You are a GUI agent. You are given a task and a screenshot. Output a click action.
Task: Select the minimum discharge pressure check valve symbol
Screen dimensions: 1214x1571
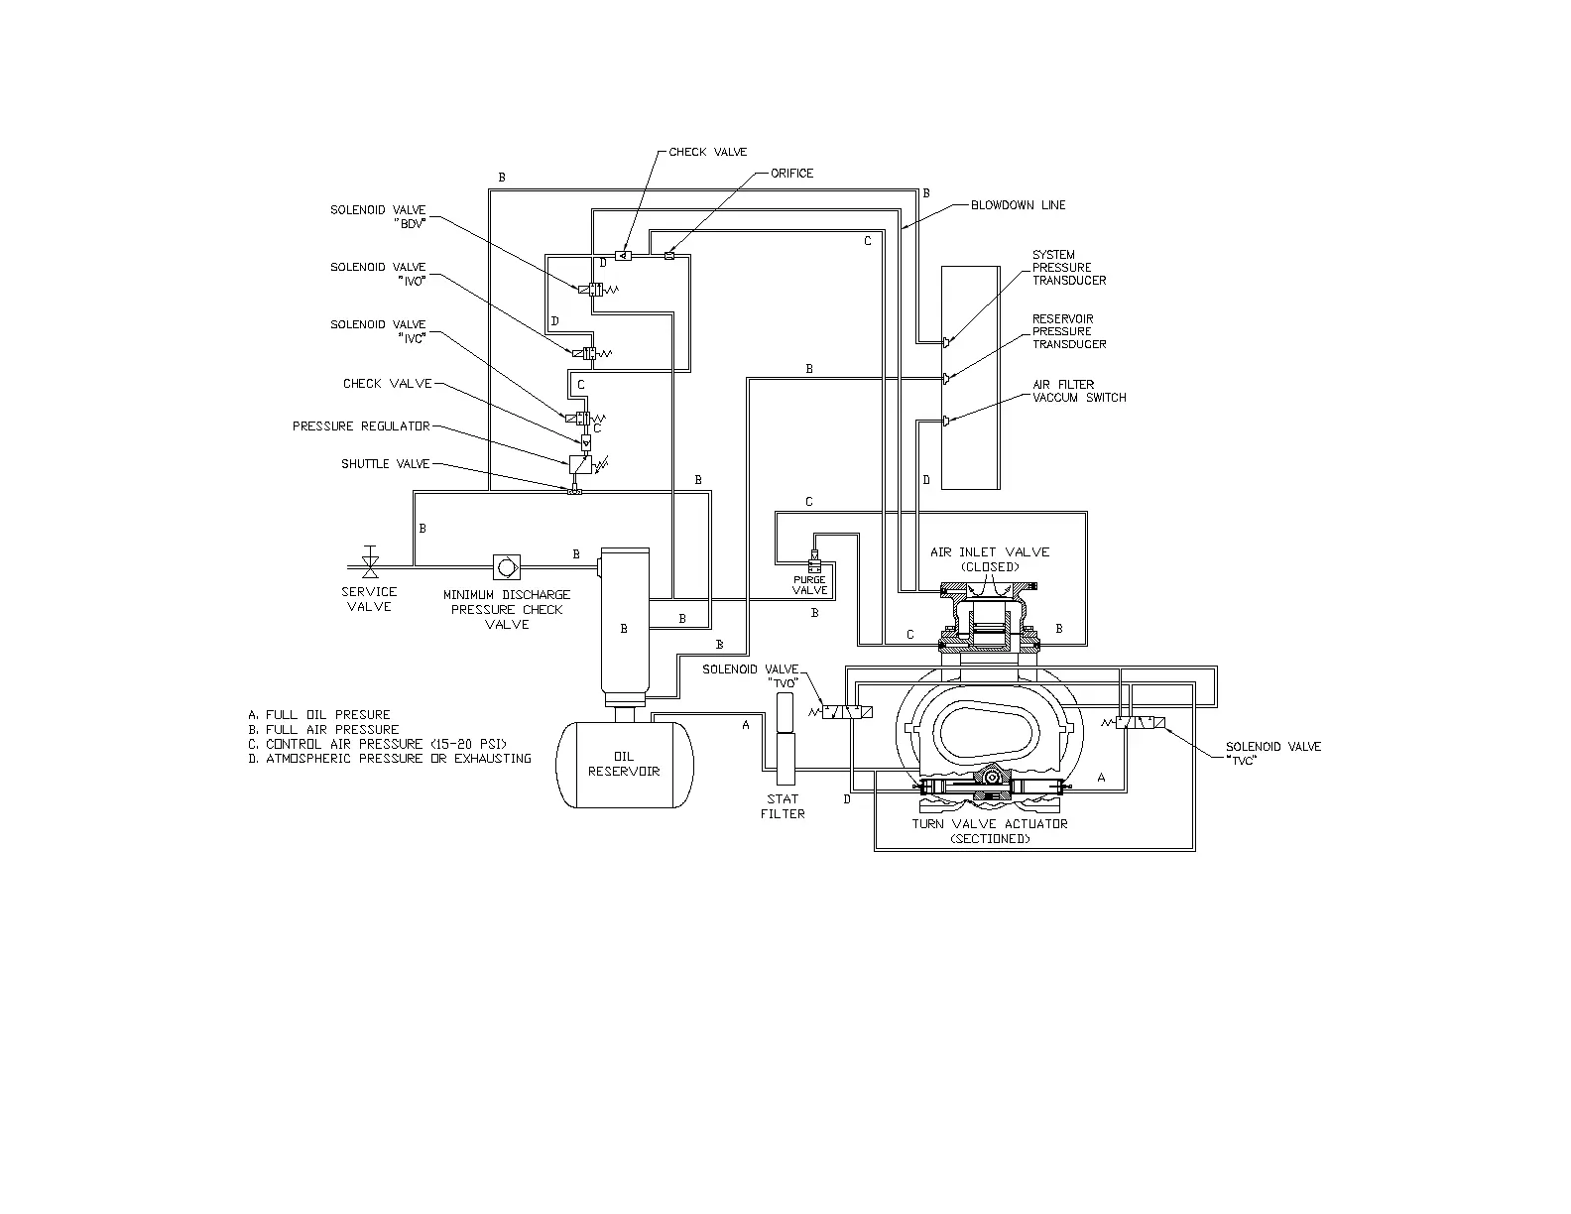pyautogui.click(x=507, y=566)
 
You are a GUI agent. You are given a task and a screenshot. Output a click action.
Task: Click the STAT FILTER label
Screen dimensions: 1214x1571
pyautogui.click(x=783, y=806)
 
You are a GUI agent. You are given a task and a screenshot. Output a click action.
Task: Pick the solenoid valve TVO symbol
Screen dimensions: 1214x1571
pyautogui.click(x=849, y=713)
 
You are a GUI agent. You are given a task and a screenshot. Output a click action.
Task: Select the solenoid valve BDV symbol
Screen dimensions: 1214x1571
pyautogui.click(x=596, y=290)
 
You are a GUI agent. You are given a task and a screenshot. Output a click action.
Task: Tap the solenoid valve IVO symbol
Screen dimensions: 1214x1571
pyautogui.click(x=585, y=353)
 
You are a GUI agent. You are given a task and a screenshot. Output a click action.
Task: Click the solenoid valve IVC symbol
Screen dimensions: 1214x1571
pyautogui.click(x=582, y=418)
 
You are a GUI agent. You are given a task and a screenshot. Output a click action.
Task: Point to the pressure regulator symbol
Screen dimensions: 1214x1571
pyautogui.click(x=580, y=463)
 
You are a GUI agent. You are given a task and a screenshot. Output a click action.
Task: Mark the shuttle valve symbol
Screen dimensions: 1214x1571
pyautogui.click(x=574, y=491)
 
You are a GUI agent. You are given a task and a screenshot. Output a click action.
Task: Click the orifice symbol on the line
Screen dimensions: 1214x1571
pyautogui.click(x=668, y=257)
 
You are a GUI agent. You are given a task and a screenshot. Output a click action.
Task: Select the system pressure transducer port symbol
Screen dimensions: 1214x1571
pyautogui.click(x=946, y=342)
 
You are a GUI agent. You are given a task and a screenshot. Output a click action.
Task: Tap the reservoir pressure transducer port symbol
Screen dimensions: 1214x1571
pyautogui.click(x=946, y=378)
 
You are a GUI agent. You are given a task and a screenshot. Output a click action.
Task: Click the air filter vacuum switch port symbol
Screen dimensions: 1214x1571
pyautogui.click(x=946, y=421)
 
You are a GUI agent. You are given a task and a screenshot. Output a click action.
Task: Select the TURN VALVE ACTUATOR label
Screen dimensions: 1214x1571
pyautogui.click(x=990, y=824)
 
